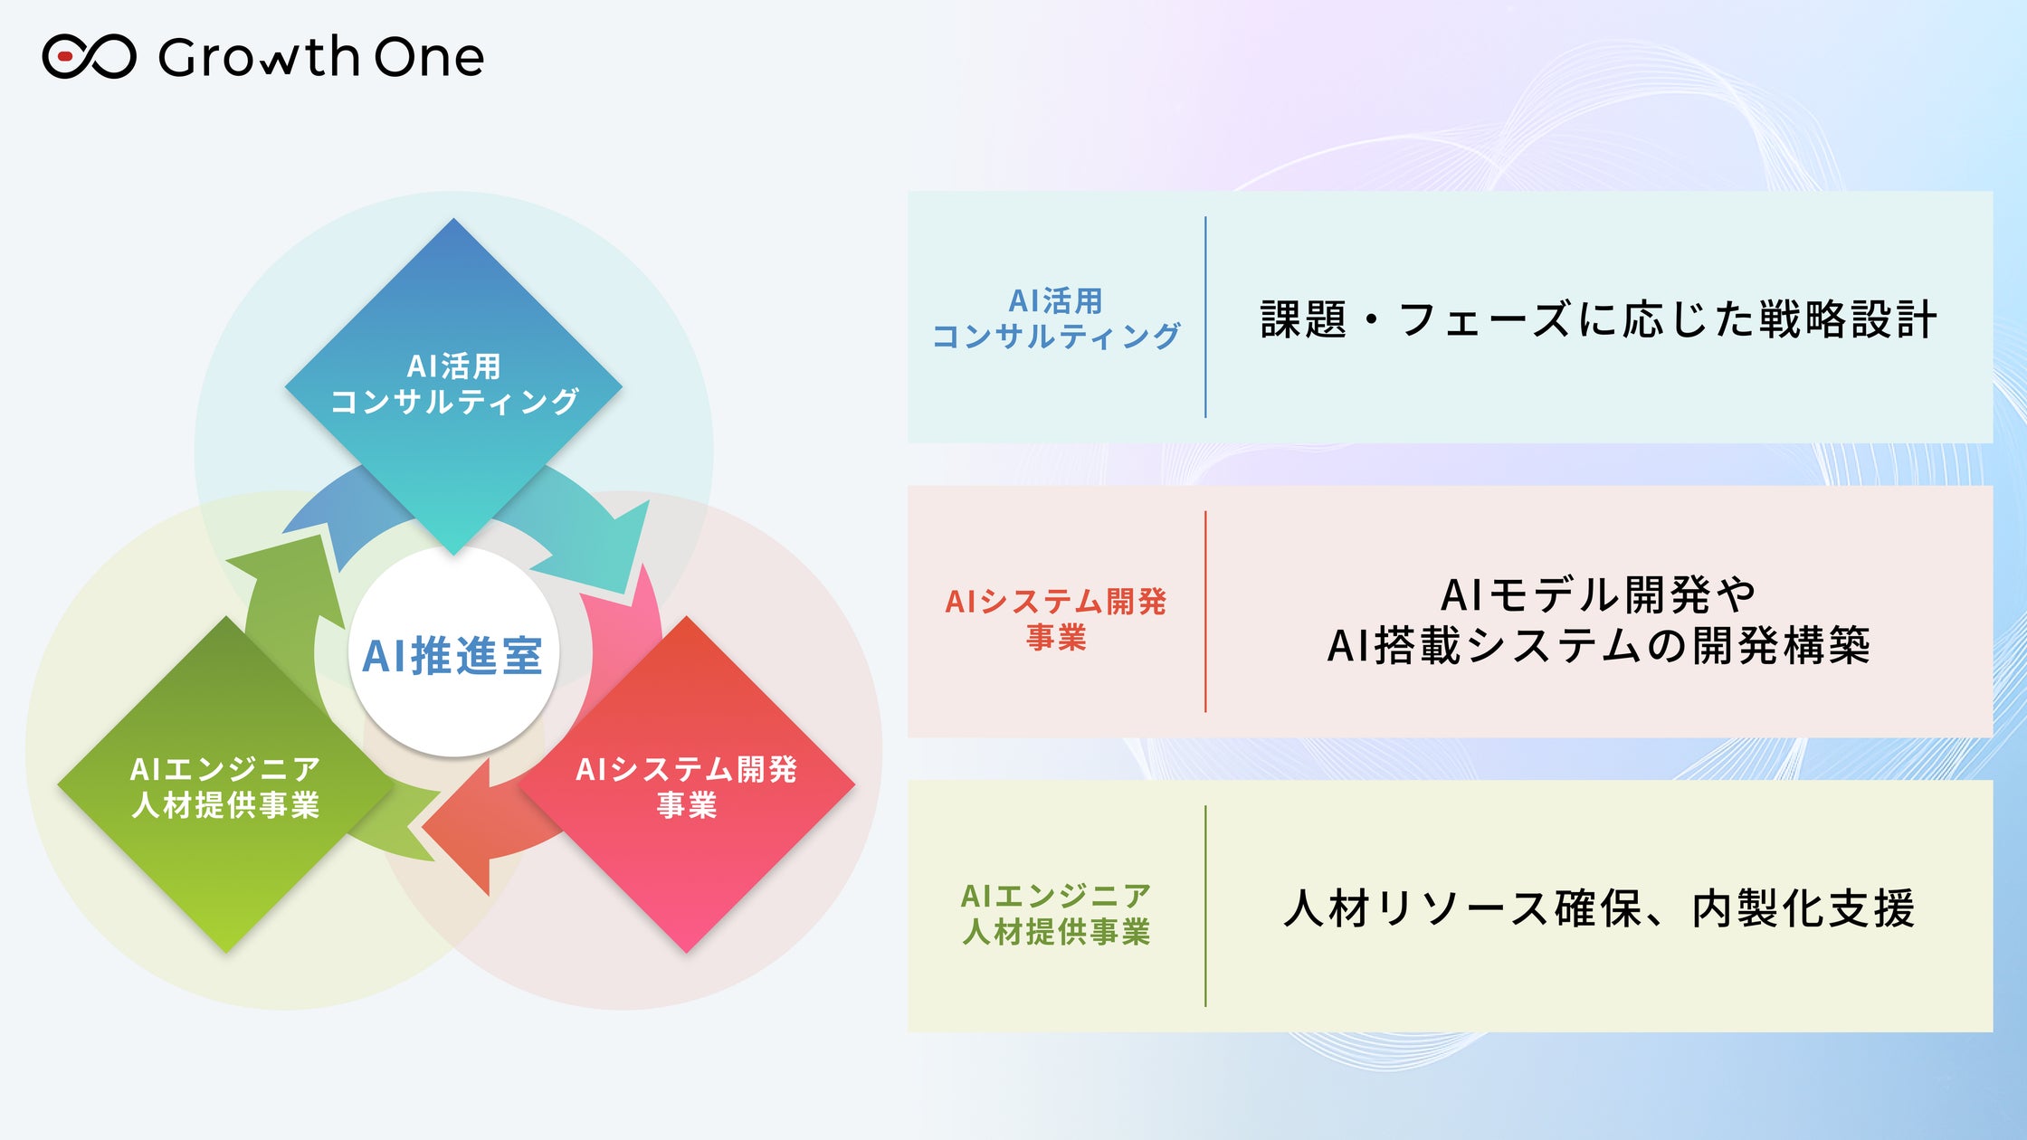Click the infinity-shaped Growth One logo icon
click(89, 57)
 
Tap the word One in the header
click(429, 57)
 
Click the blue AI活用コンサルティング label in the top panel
click(1056, 318)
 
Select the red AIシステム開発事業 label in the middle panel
click(1056, 619)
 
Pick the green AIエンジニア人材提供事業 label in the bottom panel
click(1056, 913)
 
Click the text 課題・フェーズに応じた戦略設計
click(1598, 319)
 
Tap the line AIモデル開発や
click(1598, 594)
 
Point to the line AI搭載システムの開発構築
click(1598, 646)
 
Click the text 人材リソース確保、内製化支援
click(1598, 908)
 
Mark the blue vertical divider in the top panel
click(1205, 317)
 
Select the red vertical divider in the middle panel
click(1205, 612)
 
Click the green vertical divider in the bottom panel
click(1205, 906)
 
